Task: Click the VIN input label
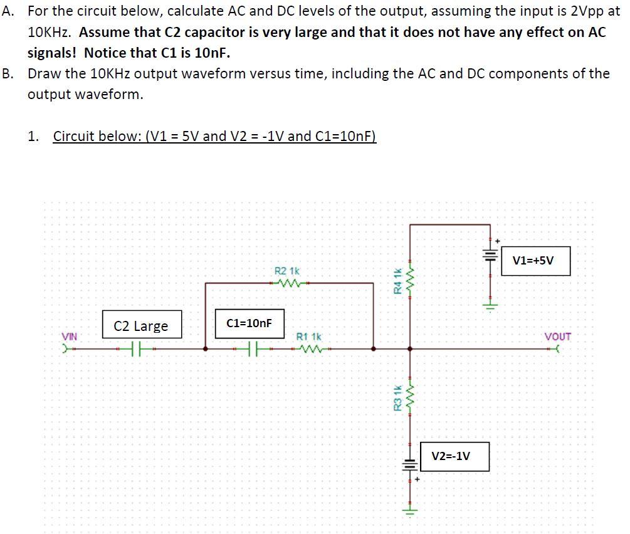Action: [69, 337]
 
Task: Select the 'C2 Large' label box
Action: [141, 326]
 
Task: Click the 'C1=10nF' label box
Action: [249, 323]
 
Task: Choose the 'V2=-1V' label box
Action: [451, 456]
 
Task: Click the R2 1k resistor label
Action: [287, 271]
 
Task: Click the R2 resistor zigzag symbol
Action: [288, 283]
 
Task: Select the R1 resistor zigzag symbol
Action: [309, 348]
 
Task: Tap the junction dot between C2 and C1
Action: [206, 348]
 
